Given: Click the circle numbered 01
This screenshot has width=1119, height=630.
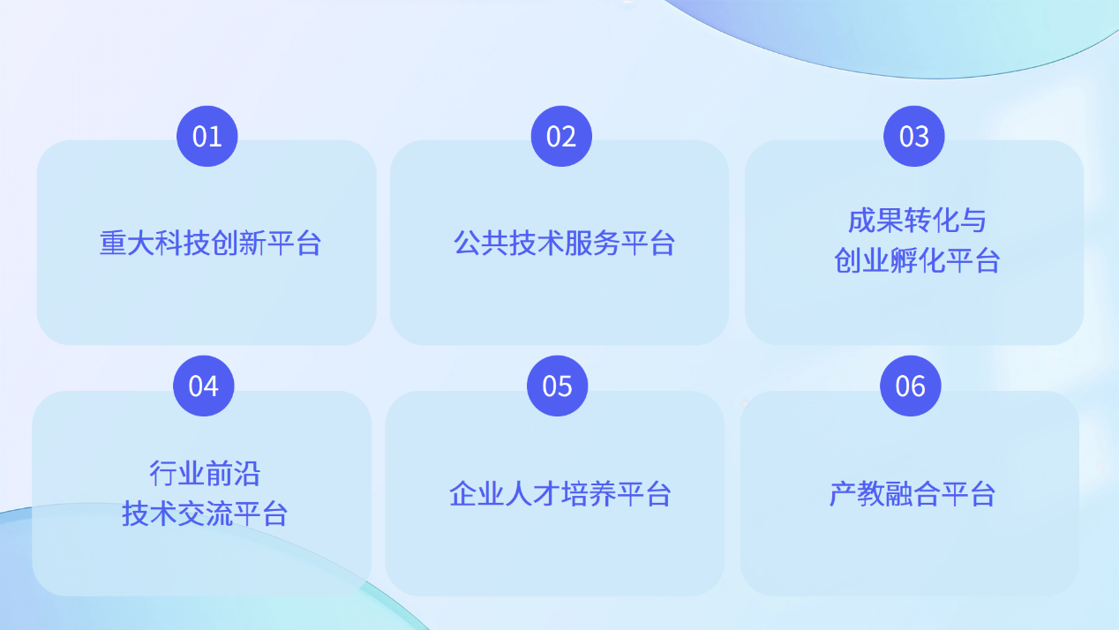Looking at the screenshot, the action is [x=207, y=136].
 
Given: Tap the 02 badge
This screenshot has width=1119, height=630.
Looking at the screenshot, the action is [x=561, y=136].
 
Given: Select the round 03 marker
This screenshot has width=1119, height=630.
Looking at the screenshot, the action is [x=913, y=136].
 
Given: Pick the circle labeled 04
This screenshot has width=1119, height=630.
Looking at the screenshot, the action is [x=203, y=386].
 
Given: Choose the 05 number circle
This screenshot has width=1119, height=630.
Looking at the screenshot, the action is [x=557, y=386].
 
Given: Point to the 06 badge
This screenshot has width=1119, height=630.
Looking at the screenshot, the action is [x=910, y=386].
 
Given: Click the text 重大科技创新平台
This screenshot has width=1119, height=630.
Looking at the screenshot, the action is [x=210, y=244].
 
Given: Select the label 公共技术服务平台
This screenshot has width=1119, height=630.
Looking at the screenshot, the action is [x=564, y=244].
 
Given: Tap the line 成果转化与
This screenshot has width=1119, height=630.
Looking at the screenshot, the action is [x=917, y=221].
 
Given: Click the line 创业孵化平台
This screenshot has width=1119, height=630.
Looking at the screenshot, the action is [x=917, y=260].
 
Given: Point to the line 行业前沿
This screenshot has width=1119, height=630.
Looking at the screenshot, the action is [x=205, y=474].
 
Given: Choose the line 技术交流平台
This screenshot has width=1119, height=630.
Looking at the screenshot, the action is [x=205, y=514].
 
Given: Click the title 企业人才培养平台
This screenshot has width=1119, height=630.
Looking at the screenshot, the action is [x=560, y=494].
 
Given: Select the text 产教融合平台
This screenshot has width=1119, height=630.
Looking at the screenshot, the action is [x=912, y=494].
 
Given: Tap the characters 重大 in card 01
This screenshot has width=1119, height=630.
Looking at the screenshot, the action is [x=127, y=244].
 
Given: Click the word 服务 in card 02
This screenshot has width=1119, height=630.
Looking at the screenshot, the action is [x=592, y=244].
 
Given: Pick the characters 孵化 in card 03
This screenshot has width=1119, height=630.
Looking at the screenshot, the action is [x=917, y=260].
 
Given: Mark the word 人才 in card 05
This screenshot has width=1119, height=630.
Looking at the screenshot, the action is [x=532, y=494].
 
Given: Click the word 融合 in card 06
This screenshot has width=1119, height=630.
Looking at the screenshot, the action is [x=912, y=494].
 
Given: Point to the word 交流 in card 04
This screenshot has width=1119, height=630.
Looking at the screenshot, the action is [x=205, y=514].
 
